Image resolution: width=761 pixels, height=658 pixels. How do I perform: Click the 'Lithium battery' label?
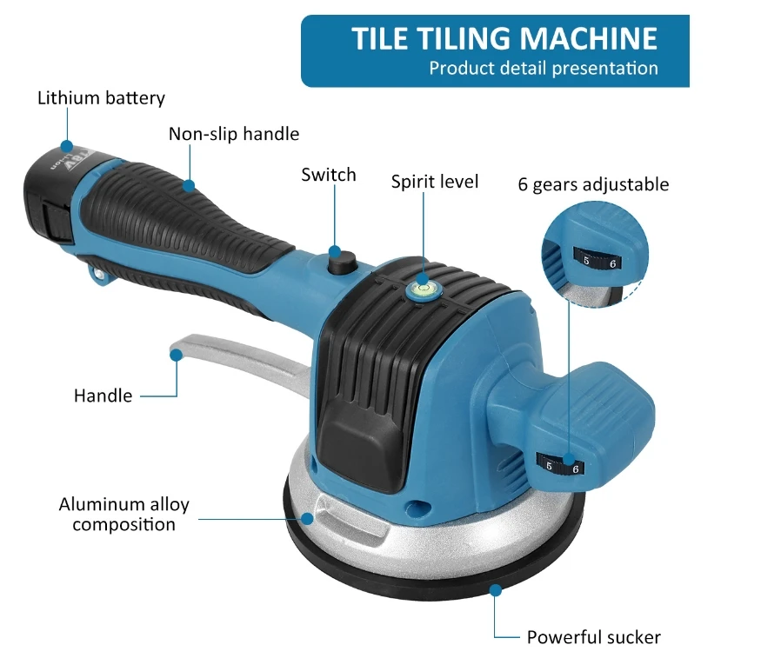click(101, 97)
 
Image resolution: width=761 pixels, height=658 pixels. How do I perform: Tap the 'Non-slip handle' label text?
click(233, 134)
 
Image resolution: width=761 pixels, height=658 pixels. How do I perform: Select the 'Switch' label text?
click(329, 175)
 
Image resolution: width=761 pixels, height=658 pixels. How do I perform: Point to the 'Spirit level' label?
click(434, 182)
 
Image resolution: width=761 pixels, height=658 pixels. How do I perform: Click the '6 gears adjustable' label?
click(593, 184)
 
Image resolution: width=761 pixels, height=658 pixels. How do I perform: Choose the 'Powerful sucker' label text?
click(593, 637)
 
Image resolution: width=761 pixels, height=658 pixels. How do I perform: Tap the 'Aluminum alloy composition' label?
click(123, 514)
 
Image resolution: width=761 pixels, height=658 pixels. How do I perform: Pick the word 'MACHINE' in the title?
click(588, 39)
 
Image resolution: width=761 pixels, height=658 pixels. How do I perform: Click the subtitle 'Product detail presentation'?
click(543, 68)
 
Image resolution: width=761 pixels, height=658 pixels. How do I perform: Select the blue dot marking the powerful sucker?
click(495, 589)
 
